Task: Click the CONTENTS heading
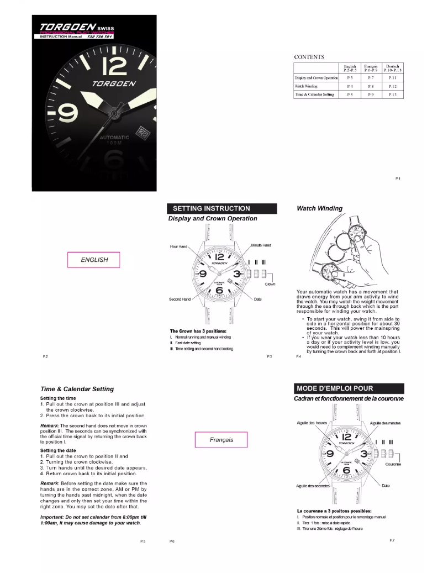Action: tap(309, 57)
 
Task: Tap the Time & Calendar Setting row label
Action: tap(314, 94)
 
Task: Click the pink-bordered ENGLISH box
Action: tap(93, 259)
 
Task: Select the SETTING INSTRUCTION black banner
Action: tap(221, 208)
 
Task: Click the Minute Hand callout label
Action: tap(261, 245)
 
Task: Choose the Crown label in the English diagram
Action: tap(270, 284)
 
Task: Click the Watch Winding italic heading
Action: tap(319, 208)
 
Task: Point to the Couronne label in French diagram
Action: tap(393, 464)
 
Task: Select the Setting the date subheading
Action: tap(61, 450)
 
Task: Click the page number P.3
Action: tap(269, 357)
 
